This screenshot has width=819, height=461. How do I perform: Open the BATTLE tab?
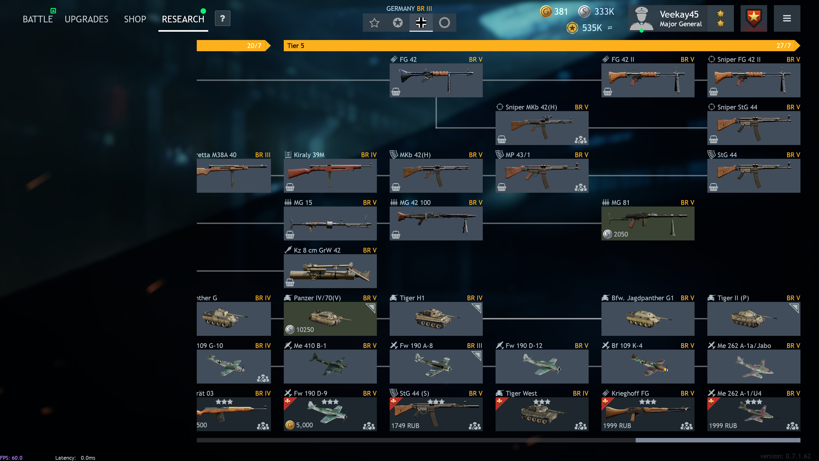(x=38, y=19)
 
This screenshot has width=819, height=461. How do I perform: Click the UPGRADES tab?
(x=86, y=19)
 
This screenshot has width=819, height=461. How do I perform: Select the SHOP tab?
(x=135, y=19)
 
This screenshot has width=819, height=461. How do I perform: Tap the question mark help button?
(x=222, y=19)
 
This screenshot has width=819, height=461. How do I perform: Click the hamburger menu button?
(x=787, y=19)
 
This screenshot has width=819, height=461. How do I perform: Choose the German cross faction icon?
(x=421, y=23)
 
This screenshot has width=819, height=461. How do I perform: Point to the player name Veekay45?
(x=679, y=14)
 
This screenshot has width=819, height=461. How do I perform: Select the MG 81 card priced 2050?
(x=648, y=223)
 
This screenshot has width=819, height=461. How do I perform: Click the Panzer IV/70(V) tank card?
(x=330, y=319)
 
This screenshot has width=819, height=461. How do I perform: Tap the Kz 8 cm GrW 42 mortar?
(x=330, y=271)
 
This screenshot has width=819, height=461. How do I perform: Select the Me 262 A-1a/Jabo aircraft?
(x=753, y=366)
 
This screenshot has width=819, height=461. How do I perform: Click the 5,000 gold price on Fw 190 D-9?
(x=304, y=425)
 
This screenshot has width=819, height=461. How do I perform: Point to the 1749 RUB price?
(x=405, y=426)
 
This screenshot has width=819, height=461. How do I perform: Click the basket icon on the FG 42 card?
(x=396, y=92)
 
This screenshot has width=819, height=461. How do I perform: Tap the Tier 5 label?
(x=296, y=46)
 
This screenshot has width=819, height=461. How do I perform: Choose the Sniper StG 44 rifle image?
(x=753, y=127)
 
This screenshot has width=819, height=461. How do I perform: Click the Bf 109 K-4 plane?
(x=648, y=366)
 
